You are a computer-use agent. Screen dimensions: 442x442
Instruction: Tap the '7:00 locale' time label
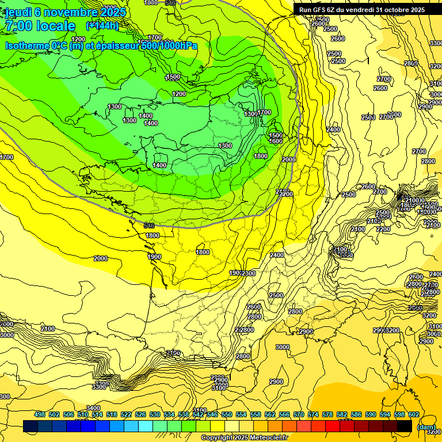pyautogui.click(x=40, y=26)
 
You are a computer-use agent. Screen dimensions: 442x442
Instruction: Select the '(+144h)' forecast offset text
pyautogui.click(x=102, y=25)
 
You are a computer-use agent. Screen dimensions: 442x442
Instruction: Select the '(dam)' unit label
pyautogui.click(x=425, y=427)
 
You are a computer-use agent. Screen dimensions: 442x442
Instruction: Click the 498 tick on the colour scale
pyautogui.click(x=40, y=414)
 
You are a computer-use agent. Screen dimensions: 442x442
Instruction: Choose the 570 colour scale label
pyautogui.click(x=299, y=414)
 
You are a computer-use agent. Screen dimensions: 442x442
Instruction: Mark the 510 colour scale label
pyautogui.click(x=83, y=414)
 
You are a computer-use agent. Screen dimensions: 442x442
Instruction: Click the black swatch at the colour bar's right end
pyautogui.click(x=405, y=426)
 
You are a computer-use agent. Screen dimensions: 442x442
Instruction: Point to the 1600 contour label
pyautogui.click(x=276, y=141)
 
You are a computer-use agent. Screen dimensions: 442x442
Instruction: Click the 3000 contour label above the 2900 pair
pyautogui.click(x=282, y=347)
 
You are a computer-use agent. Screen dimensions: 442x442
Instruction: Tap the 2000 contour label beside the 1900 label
pyautogui.click(x=100, y=258)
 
